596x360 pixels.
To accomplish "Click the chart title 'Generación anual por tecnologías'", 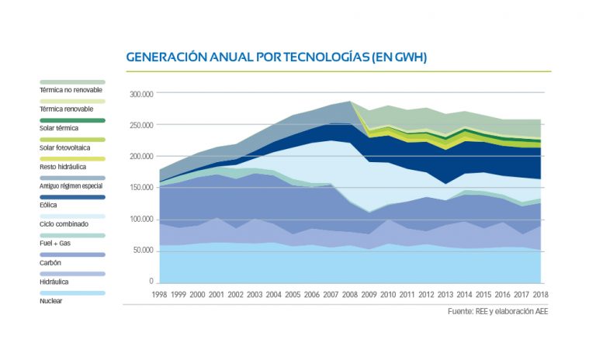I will (275, 57).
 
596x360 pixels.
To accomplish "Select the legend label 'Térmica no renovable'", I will (72, 90).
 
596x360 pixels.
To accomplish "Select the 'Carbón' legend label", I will (52, 262).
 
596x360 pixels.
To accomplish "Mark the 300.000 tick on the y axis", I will (142, 93).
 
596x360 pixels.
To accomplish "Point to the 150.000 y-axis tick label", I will (142, 187).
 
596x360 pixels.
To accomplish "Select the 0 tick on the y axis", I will (152, 281).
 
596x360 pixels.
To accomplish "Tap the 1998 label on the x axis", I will (161, 295).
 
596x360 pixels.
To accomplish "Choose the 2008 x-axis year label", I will (350, 295).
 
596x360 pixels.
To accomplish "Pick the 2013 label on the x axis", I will (445, 295).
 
